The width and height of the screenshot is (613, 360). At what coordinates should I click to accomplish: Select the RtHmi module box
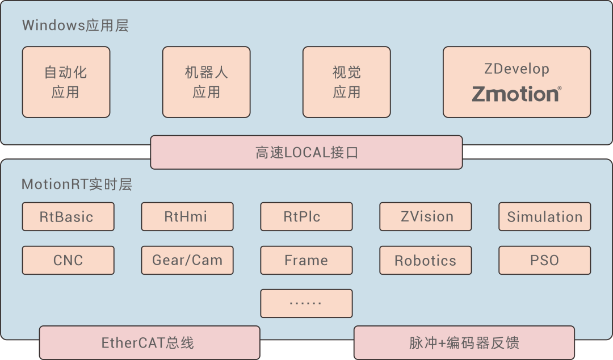(187, 217)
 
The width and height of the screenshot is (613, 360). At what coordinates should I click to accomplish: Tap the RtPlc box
(306, 217)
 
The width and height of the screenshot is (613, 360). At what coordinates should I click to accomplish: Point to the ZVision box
(425, 217)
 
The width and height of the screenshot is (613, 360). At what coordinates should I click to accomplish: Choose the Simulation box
(544, 217)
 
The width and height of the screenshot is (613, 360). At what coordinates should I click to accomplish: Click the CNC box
(68, 261)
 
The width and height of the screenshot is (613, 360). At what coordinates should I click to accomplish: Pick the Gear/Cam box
(187, 261)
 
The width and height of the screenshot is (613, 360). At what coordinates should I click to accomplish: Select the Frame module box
(306, 261)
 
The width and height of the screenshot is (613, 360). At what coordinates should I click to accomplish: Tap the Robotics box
(425, 261)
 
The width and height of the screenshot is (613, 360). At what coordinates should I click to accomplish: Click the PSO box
(544, 261)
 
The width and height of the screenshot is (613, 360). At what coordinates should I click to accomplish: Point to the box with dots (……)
(306, 303)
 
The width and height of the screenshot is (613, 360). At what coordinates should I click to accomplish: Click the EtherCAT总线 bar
(149, 342)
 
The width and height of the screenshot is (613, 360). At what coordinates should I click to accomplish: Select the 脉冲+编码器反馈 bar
(464, 342)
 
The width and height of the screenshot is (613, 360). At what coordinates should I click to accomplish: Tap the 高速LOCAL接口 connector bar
(306, 152)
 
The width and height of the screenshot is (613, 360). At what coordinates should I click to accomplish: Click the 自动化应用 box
(66, 82)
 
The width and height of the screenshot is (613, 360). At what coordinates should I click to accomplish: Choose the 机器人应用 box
(206, 82)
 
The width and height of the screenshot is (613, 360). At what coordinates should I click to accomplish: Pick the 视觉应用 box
(346, 82)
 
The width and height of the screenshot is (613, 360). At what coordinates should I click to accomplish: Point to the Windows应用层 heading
(75, 26)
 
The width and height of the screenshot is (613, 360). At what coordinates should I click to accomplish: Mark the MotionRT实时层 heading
(77, 185)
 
